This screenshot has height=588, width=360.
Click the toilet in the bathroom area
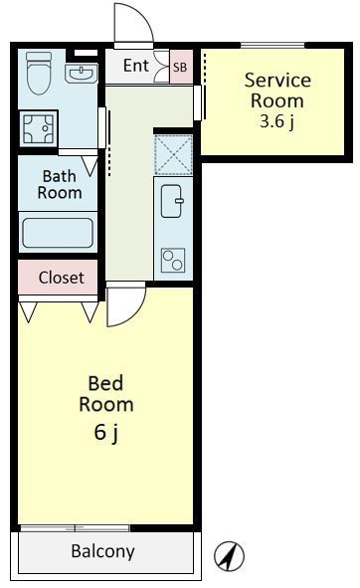[x=39, y=73]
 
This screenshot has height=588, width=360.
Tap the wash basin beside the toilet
[x=81, y=73]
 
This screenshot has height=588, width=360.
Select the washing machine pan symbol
[x=38, y=128]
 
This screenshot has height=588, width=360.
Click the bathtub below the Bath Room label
[x=58, y=233]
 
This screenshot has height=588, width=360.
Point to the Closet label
[x=61, y=278]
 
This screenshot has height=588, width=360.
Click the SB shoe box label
[x=180, y=68]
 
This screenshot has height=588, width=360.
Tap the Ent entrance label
[x=136, y=66]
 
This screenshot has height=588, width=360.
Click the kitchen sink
[x=172, y=201]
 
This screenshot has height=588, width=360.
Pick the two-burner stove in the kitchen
[x=173, y=260]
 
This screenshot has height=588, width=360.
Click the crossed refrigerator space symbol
[x=173, y=155]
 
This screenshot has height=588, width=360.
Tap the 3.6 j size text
[x=277, y=121]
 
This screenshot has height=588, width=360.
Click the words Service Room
[x=277, y=91]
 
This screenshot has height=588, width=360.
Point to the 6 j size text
[x=106, y=433]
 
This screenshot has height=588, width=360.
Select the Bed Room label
[x=106, y=394]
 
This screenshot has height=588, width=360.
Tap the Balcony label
[x=102, y=551]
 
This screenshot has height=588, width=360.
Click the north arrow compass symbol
[x=229, y=556]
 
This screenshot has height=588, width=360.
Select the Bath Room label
[x=60, y=184]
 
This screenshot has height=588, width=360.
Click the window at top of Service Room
[x=272, y=46]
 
